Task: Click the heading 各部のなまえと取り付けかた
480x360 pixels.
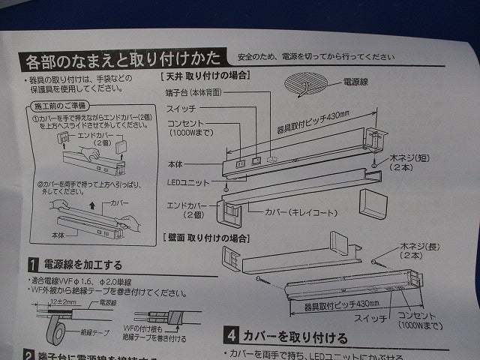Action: point(123,59)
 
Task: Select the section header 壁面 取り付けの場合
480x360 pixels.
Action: point(206,237)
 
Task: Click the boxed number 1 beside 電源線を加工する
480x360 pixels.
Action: point(33,264)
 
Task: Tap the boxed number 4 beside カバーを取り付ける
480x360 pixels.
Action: point(233,337)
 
